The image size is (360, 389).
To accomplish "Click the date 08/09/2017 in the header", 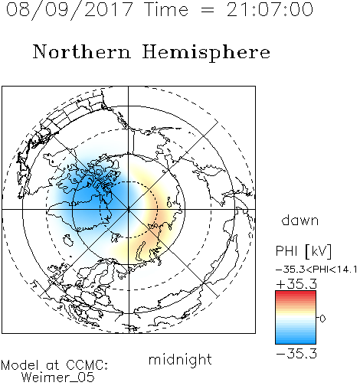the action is [x=69, y=9].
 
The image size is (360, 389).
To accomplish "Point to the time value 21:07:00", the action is [x=270, y=9].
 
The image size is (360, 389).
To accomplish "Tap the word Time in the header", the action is [x=166, y=9].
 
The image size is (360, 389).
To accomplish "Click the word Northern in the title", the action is [x=82, y=51].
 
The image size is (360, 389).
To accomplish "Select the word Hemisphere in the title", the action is [x=206, y=53].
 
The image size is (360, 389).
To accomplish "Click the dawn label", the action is [x=300, y=220].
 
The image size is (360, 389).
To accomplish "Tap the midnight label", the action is [x=180, y=359].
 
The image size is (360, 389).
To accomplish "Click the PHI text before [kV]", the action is [x=286, y=251].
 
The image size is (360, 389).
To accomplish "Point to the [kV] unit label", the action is [x=319, y=251].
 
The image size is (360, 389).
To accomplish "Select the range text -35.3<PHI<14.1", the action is [x=316, y=270].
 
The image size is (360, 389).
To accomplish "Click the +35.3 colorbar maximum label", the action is [x=296, y=284].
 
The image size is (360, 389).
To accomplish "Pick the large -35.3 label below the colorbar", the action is [x=296, y=354].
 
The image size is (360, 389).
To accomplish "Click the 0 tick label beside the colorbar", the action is [x=322, y=319].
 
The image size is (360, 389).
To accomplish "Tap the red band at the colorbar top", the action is [x=296, y=295].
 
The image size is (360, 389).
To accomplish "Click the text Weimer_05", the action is [x=57, y=378].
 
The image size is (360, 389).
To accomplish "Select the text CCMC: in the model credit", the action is [x=87, y=365].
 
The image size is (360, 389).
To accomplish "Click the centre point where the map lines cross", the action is [x=129, y=209].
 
